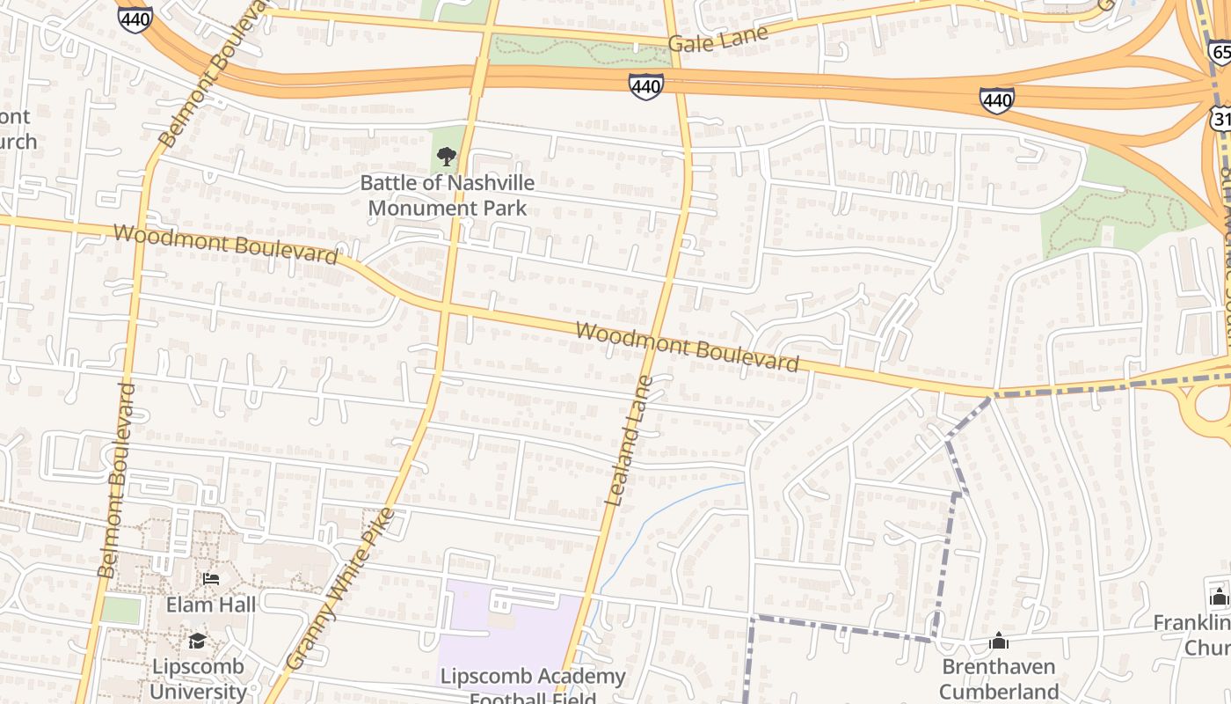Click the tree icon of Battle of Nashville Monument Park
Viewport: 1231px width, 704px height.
[x=447, y=158]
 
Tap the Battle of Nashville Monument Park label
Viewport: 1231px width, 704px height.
[x=448, y=195]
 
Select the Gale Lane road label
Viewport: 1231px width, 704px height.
[x=717, y=39]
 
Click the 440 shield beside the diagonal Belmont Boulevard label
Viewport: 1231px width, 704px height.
[x=135, y=18]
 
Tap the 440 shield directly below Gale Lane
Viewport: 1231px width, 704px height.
[x=645, y=86]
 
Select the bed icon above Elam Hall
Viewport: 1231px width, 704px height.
[x=211, y=579]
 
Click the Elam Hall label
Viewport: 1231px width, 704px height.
[x=211, y=605]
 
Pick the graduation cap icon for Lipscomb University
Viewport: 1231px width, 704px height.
[x=197, y=641]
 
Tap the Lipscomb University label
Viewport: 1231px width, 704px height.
[x=199, y=678]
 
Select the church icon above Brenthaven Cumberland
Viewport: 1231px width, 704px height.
[x=998, y=641]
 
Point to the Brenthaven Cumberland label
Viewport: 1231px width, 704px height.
[x=998, y=678]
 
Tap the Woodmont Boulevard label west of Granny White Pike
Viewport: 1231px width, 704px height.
[x=226, y=244]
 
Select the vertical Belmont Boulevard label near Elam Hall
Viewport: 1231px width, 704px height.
[x=120, y=480]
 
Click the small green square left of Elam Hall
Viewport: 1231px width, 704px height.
[x=121, y=610]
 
